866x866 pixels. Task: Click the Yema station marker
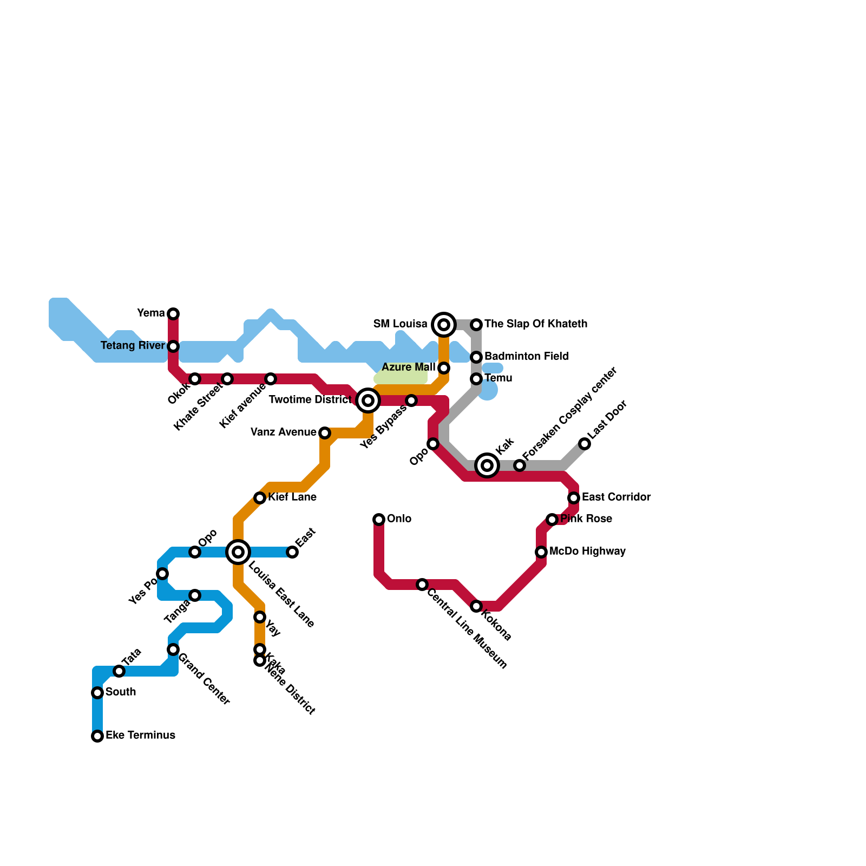click(x=173, y=314)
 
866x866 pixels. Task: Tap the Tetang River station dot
click(x=173, y=346)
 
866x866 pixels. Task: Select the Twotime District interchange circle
click(x=368, y=401)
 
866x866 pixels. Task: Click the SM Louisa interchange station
click(x=444, y=325)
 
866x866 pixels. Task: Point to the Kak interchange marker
click(x=487, y=465)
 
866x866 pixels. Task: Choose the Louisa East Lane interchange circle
click(x=238, y=552)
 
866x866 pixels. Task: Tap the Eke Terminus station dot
click(x=97, y=736)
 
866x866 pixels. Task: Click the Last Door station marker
click(x=585, y=444)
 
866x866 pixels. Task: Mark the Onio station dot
click(x=379, y=520)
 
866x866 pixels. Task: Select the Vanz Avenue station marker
click(x=325, y=433)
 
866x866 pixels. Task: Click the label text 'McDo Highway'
click(x=587, y=552)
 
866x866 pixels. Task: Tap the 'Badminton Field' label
click(x=526, y=357)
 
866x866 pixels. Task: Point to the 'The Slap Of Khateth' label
click(x=535, y=324)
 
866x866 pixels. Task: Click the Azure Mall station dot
click(x=444, y=368)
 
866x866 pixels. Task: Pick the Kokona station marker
click(x=476, y=606)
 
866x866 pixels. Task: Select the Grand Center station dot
click(x=173, y=649)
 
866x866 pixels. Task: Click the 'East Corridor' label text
click(x=616, y=497)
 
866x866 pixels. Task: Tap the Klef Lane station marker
click(x=260, y=498)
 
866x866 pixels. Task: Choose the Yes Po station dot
click(x=162, y=574)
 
